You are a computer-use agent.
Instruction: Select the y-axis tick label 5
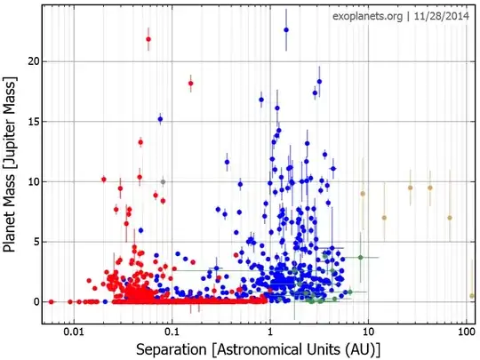[x=32, y=242]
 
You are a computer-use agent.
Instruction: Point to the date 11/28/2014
[x=439, y=16]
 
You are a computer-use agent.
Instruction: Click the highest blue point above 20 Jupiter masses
[x=286, y=29]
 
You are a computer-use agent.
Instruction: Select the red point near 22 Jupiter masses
[x=148, y=39]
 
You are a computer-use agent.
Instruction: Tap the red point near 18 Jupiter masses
[x=190, y=84]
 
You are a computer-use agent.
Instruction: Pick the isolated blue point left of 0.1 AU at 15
[x=160, y=119]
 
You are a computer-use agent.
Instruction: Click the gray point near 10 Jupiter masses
[x=163, y=181]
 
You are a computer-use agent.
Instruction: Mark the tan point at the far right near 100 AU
[x=472, y=295]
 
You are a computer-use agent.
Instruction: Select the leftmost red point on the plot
[x=51, y=301]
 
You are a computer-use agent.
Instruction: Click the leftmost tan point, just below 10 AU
[x=363, y=193]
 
